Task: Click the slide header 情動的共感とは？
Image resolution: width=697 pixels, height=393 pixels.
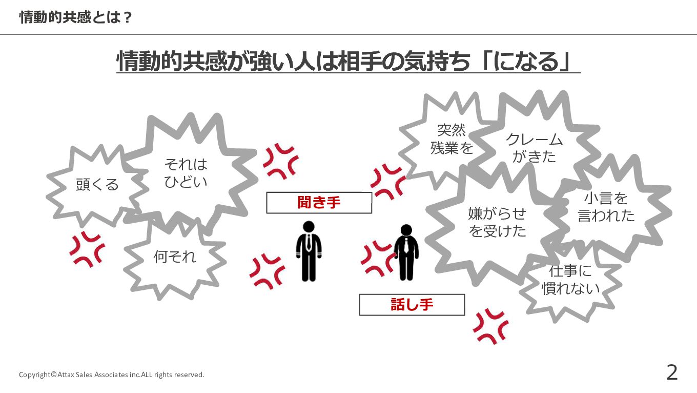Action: pyautogui.click(x=76, y=17)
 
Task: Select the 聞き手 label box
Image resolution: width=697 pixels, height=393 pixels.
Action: pyautogui.click(x=319, y=203)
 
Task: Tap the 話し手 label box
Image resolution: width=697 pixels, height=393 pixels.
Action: pyautogui.click(x=412, y=305)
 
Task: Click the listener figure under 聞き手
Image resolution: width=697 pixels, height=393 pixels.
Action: pyautogui.click(x=309, y=251)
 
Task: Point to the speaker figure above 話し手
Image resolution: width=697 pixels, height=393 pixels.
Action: pyautogui.click(x=406, y=252)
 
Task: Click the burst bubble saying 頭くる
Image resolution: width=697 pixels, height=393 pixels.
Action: pyautogui.click(x=97, y=184)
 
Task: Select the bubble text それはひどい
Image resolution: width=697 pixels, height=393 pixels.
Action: pyautogui.click(x=186, y=173)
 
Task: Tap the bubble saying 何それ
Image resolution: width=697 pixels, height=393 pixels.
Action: pyautogui.click(x=175, y=257)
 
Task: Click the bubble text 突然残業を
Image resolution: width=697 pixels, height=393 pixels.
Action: pyautogui.click(x=451, y=139)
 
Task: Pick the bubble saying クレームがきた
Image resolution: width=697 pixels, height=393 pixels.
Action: pyautogui.click(x=534, y=148)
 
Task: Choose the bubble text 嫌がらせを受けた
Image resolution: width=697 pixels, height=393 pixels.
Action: pyautogui.click(x=497, y=222)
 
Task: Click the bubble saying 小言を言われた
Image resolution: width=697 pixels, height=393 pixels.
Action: pyautogui.click(x=606, y=207)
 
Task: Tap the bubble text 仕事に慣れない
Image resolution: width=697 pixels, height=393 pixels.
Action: pyautogui.click(x=570, y=280)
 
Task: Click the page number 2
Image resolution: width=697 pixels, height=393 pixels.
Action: pyautogui.click(x=671, y=372)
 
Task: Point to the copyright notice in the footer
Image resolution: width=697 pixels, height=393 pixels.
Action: pyautogui.click(x=111, y=375)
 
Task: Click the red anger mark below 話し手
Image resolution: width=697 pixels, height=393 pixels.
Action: pyautogui.click(x=490, y=326)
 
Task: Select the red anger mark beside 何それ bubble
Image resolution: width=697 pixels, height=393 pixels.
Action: pyautogui.click(x=87, y=249)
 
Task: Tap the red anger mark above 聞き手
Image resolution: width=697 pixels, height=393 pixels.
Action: pyautogui.click(x=280, y=161)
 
